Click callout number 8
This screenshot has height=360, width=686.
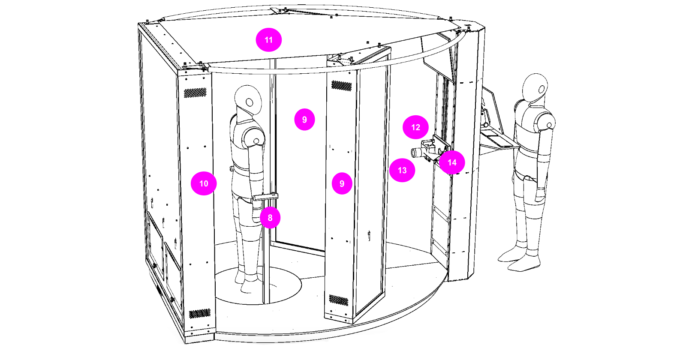pos(270,218)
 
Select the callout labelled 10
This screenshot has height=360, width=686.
pos(204,183)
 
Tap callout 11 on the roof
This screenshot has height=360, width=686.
pos(269,40)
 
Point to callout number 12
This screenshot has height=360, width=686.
pos(415,127)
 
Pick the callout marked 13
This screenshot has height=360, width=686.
pos(402,170)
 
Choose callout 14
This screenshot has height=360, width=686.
pos(452,162)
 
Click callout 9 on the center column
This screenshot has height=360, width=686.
pos(342,183)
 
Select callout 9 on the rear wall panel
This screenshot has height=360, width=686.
pos(304,120)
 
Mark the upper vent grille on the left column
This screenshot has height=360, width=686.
pos(195,93)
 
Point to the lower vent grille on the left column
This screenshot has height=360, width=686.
pos(199,314)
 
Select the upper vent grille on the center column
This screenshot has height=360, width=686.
pos(341,86)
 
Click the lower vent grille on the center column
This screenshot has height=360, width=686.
pos(339,300)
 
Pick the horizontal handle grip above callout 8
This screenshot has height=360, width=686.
pos(266,197)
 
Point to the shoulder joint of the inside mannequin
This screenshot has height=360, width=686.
pos(256,141)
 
